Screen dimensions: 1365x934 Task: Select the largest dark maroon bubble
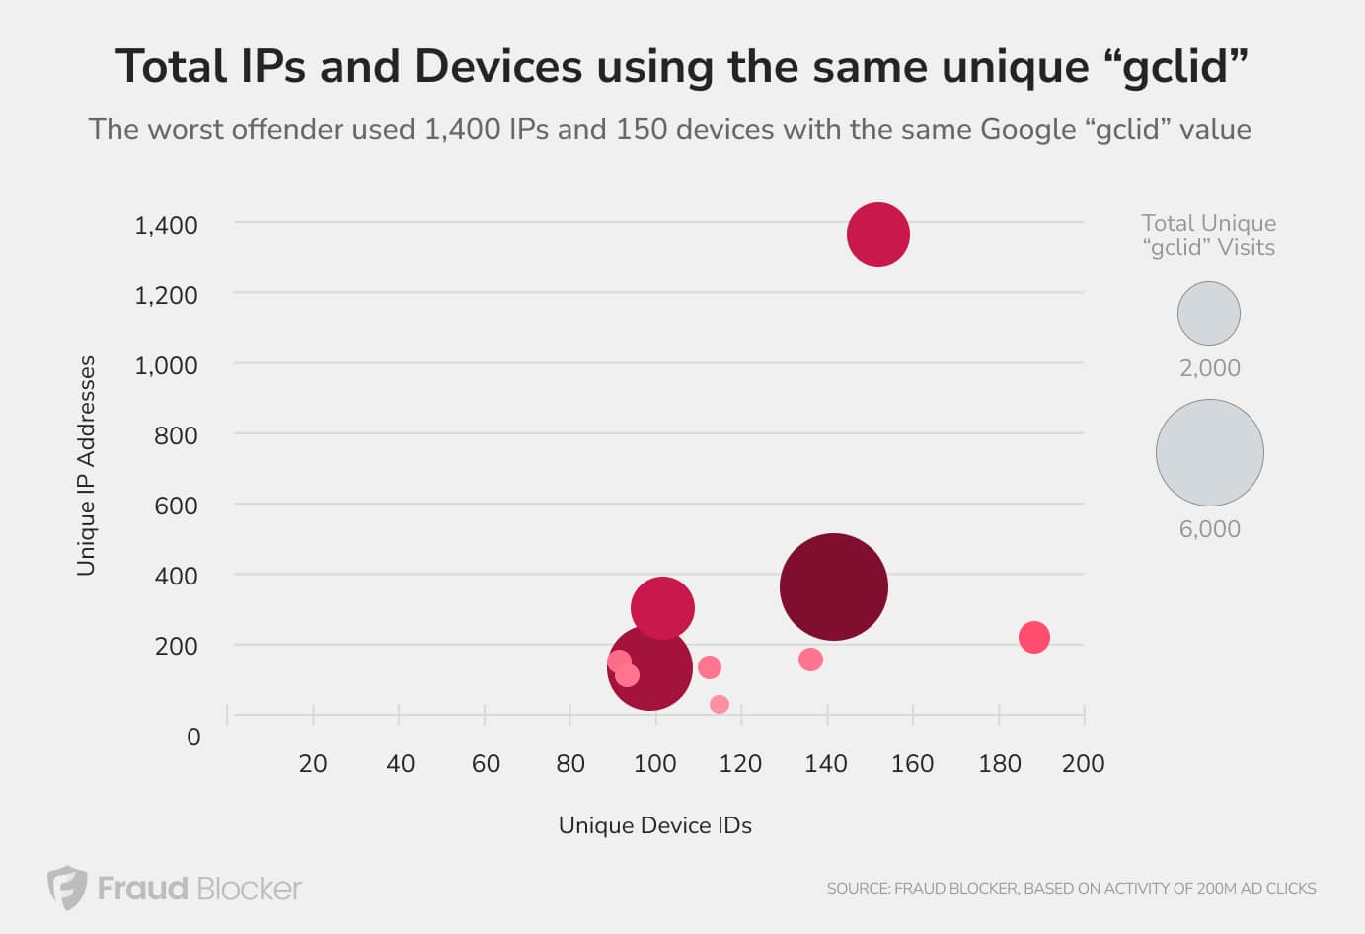(x=834, y=587)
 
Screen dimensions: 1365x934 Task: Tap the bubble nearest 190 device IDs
(x=1034, y=637)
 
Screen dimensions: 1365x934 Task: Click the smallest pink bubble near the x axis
(x=720, y=704)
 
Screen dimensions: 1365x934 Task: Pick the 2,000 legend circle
(x=1209, y=313)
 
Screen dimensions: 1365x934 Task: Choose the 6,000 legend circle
(x=1210, y=452)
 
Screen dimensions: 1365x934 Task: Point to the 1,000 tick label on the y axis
(x=166, y=365)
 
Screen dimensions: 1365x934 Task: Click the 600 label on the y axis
(x=176, y=506)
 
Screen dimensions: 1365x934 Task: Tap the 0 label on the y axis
(x=193, y=738)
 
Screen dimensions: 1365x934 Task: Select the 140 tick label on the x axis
(x=826, y=764)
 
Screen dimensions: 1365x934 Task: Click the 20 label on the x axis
(x=313, y=764)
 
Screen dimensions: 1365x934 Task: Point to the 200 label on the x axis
(x=1083, y=764)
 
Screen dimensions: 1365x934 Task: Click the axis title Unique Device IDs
(x=655, y=825)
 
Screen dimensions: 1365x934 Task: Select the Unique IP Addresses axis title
(x=86, y=466)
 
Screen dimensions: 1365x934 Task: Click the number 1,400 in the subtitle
(x=463, y=130)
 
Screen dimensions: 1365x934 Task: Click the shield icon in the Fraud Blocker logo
(x=67, y=887)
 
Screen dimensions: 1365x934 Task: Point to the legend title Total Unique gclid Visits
(x=1209, y=235)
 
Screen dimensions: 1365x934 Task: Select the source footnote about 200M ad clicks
(x=1071, y=889)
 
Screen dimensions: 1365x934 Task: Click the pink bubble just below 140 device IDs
(x=810, y=660)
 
